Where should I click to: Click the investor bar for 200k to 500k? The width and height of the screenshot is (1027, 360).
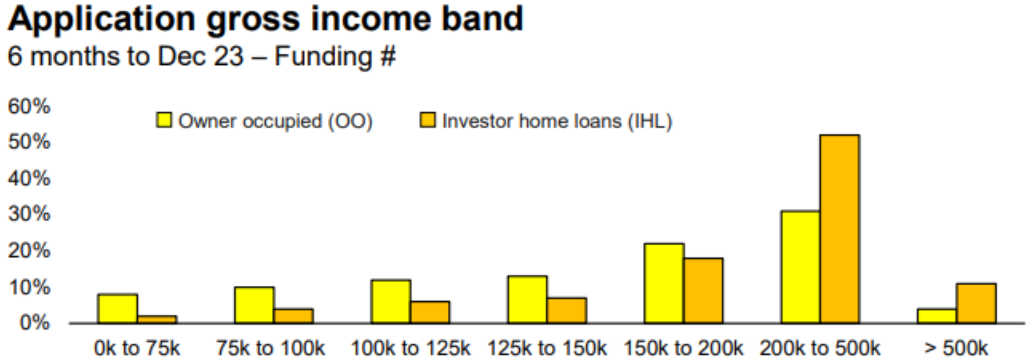pyautogui.click(x=840, y=229)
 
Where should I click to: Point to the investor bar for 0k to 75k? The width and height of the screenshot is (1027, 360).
pyautogui.click(x=157, y=319)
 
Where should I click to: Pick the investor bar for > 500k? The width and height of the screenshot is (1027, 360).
pyautogui.click(x=976, y=304)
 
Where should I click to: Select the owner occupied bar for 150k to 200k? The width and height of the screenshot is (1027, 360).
pyautogui.click(x=664, y=284)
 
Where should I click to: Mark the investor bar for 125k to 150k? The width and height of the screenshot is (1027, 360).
pyautogui.click(x=567, y=311)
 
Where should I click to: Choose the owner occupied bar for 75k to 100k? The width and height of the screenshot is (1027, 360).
pyautogui.click(x=255, y=305)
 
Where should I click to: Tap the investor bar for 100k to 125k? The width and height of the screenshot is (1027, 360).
pyautogui.click(x=430, y=312)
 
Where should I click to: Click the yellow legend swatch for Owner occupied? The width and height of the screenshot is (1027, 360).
pyautogui.click(x=164, y=120)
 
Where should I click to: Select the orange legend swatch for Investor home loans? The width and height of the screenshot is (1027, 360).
pyautogui.click(x=427, y=120)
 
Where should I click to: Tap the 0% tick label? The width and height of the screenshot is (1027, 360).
pyautogui.click(x=35, y=323)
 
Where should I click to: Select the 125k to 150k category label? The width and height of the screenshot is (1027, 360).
pyautogui.click(x=547, y=348)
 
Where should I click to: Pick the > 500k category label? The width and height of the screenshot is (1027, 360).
pyautogui.click(x=956, y=348)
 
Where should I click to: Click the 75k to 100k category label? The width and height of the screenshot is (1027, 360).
pyautogui.click(x=270, y=348)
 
